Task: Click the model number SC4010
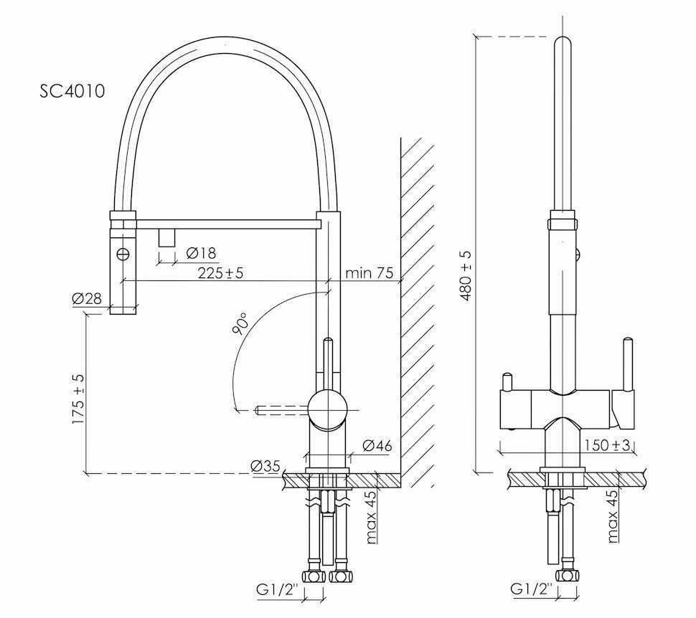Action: [x=72, y=91]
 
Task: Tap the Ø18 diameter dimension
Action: [x=201, y=253]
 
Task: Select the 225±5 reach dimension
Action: [x=220, y=273]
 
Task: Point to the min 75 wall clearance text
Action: [x=370, y=272]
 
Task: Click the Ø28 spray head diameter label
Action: [x=87, y=298]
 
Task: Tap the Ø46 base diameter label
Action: [x=377, y=445]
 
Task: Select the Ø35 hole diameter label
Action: [x=265, y=466]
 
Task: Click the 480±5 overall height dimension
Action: [x=466, y=276]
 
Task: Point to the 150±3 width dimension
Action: [x=607, y=445]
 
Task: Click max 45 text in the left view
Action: [x=372, y=517]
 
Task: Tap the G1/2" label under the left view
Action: [x=279, y=590]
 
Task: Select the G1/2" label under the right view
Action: [x=531, y=589]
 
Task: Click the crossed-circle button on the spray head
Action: [x=123, y=255]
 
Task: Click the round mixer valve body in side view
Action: [x=328, y=409]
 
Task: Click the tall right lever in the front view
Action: [x=627, y=365]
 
